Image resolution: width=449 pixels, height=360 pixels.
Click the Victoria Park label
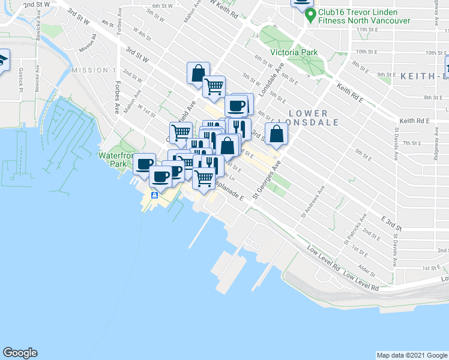294,52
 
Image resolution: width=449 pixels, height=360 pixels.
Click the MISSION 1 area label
93,70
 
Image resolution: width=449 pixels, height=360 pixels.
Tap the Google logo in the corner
20,353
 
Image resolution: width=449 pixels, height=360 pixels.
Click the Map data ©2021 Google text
411,355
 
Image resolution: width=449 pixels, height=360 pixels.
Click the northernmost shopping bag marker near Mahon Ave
197,73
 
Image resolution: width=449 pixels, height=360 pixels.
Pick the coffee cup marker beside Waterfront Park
144,163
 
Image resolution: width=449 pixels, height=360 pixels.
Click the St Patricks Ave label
355,230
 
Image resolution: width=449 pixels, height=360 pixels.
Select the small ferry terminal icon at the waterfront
154,194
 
